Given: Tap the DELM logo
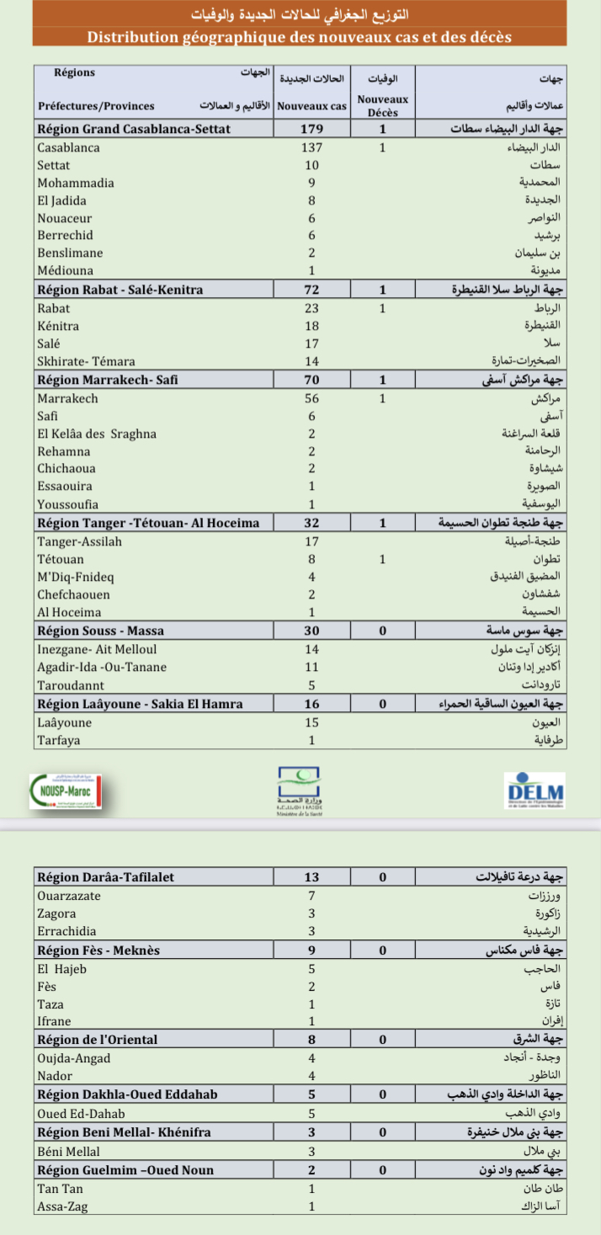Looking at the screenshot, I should click(535, 791).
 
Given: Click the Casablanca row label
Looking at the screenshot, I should click(68, 147).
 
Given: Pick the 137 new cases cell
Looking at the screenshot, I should click(311, 147).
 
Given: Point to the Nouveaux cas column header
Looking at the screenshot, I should click(311, 106).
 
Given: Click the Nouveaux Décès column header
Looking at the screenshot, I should click(382, 105).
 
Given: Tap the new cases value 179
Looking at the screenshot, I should click(311, 130).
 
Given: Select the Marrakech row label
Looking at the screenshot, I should click(67, 398).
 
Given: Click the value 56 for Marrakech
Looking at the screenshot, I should click(311, 398).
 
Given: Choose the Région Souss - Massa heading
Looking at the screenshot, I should click(100, 631).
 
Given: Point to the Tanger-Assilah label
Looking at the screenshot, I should click(79, 541).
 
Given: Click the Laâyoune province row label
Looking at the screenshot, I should click(64, 722).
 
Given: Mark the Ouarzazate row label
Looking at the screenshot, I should click(68, 896).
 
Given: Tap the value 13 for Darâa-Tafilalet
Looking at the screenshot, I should click(311, 877).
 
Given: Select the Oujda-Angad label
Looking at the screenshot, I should click(73, 1058).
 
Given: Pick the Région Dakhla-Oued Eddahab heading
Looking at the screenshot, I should click(127, 1094).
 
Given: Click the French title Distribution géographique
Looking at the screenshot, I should click(299, 37).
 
